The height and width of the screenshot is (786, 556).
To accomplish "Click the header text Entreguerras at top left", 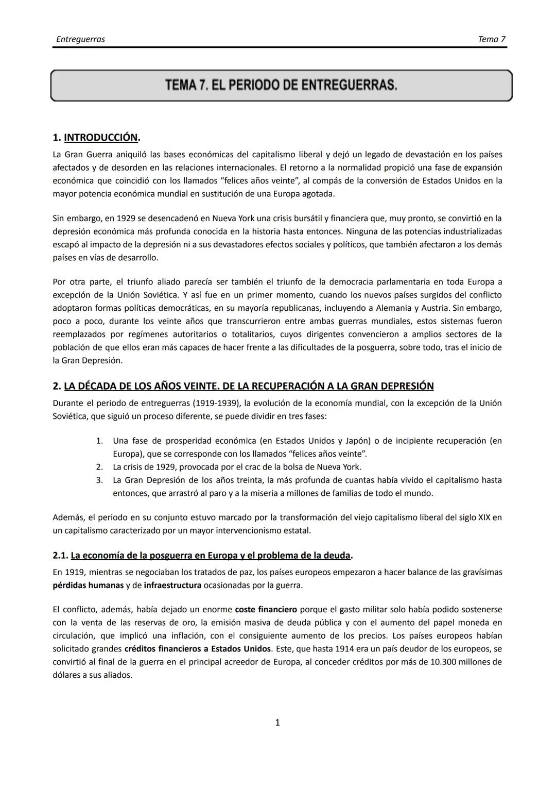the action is pyautogui.click(x=80, y=39).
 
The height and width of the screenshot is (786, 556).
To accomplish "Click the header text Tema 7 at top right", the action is pyautogui.click(x=492, y=39).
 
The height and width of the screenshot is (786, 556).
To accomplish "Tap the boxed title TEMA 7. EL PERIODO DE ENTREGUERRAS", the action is pyautogui.click(x=281, y=85).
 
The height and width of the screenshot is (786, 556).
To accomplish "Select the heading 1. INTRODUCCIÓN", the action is pyautogui.click(x=96, y=138).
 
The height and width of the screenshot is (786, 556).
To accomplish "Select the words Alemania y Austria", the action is pyautogui.click(x=414, y=308).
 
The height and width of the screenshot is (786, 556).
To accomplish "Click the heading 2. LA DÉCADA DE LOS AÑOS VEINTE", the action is pyautogui.click(x=243, y=386).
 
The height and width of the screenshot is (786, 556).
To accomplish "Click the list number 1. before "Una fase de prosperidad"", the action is pyautogui.click(x=99, y=441).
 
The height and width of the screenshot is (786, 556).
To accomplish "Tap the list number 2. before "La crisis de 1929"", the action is pyautogui.click(x=99, y=467).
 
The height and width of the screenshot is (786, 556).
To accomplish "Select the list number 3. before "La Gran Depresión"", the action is pyautogui.click(x=99, y=480).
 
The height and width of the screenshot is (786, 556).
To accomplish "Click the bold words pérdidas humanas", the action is pyautogui.click(x=88, y=585).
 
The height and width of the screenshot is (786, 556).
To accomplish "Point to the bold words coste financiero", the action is pyautogui.click(x=266, y=609).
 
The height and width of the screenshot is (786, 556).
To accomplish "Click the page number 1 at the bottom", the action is pyautogui.click(x=277, y=723).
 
